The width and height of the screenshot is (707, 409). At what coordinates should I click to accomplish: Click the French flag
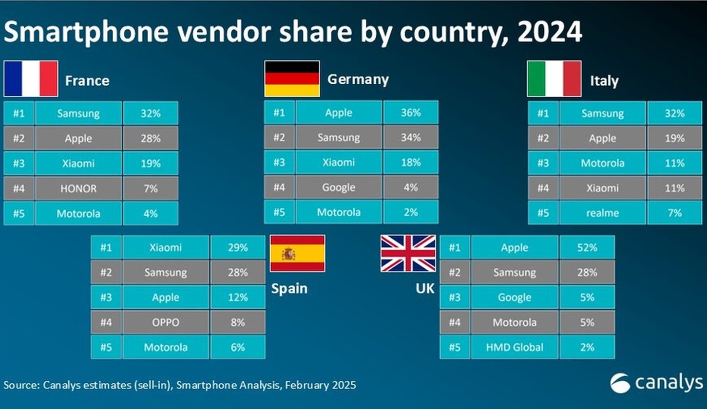coord(31,79)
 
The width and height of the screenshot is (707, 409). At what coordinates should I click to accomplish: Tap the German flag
coord(292,79)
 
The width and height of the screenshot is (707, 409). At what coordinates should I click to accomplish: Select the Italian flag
coord(554,79)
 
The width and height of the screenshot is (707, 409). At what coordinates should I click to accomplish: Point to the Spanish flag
coord(297,253)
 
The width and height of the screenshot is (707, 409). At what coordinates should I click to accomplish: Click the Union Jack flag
coord(408,253)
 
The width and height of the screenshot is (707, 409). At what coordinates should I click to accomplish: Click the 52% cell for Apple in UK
coord(587,247)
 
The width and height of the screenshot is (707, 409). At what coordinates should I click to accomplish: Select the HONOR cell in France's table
coord(78,188)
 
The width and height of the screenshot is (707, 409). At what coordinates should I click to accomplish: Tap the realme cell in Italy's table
coord(602,213)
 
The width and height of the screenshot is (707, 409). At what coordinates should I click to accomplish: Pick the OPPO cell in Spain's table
coord(166,322)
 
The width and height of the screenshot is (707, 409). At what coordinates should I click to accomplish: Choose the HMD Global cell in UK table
coord(514,347)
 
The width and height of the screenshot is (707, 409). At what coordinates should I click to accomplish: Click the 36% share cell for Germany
coord(410,113)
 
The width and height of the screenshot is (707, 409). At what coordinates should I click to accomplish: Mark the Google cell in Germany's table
coord(339,187)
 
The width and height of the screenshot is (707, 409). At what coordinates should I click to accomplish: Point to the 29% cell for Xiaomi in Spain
coord(237,247)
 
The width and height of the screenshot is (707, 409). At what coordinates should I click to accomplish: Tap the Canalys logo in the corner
coord(656,383)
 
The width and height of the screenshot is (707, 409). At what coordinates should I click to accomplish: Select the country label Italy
coord(604,81)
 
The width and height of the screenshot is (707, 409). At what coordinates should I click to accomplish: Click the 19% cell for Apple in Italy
coord(674,138)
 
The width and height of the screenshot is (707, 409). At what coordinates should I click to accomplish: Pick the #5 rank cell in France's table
coord(19,213)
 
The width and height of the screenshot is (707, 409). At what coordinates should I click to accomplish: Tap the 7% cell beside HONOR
coord(150,188)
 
